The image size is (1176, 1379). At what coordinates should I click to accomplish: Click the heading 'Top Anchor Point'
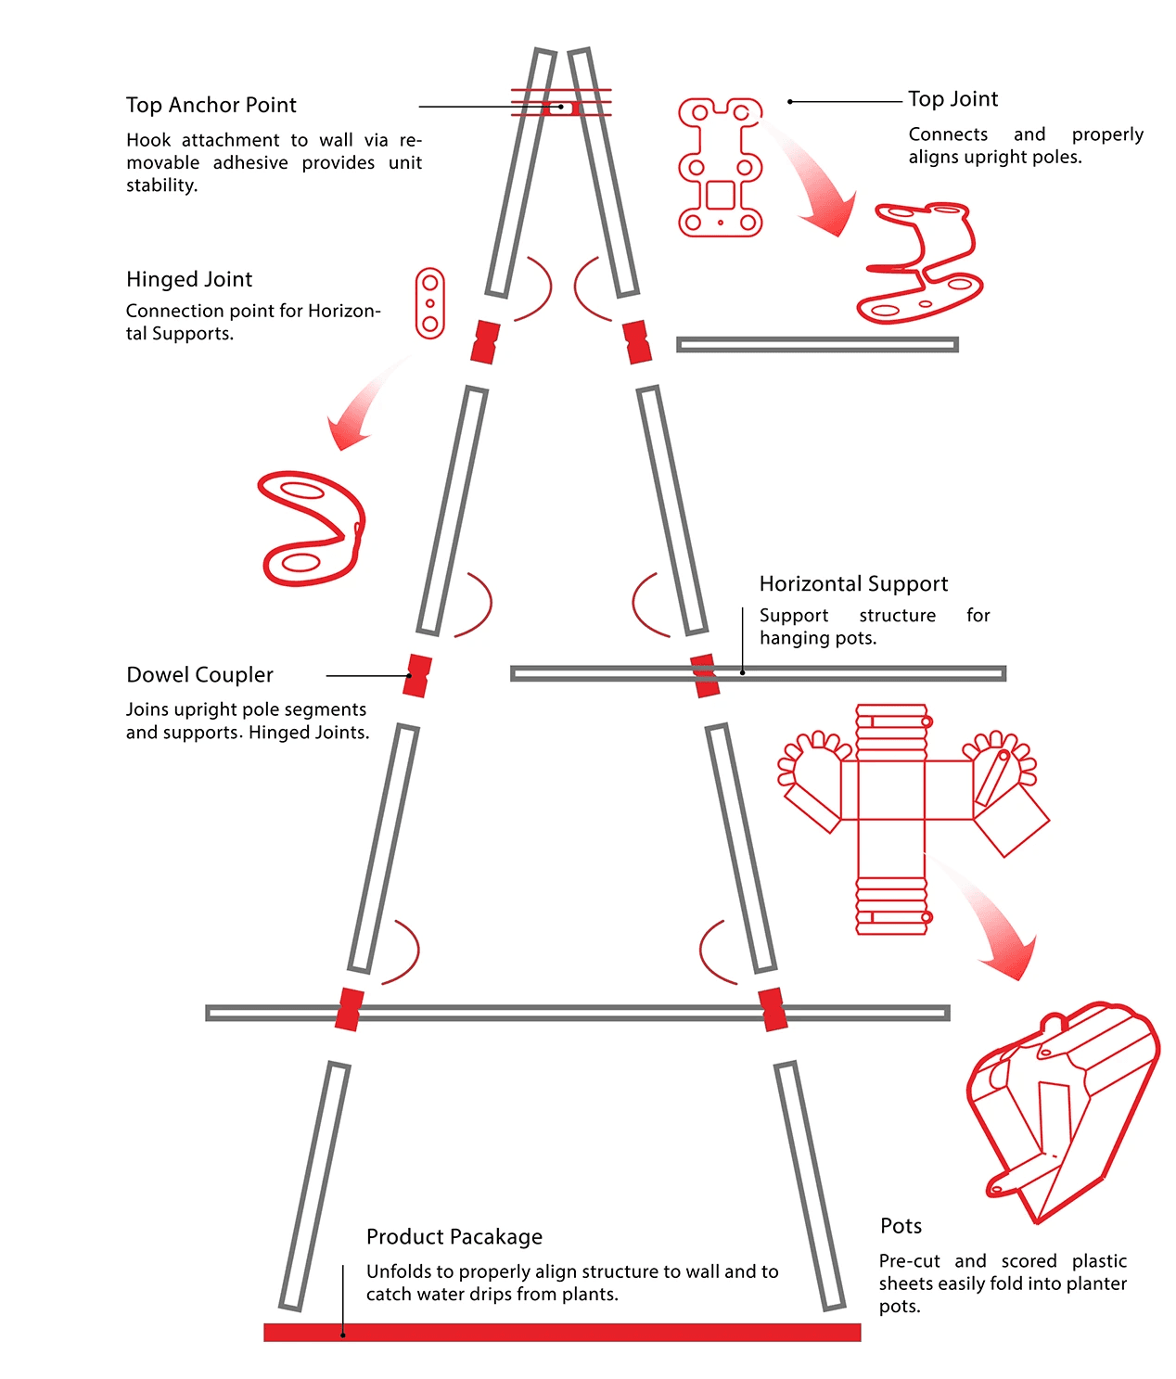(211, 105)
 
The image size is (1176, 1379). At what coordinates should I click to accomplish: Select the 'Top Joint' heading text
(952, 99)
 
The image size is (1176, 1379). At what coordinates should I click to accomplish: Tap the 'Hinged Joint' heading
(189, 279)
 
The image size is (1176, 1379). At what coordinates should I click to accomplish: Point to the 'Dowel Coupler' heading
(199, 675)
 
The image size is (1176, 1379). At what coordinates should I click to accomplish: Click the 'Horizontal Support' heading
(853, 584)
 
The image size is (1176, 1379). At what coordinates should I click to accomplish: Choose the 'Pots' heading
(901, 1226)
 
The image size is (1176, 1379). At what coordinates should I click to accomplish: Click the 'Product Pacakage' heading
(454, 1237)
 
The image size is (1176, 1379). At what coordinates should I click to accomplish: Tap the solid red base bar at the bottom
(562, 1333)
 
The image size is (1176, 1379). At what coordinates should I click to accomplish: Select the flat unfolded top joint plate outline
(721, 167)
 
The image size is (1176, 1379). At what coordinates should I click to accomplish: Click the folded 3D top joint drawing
(920, 264)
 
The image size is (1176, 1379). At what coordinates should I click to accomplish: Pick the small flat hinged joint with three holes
(429, 303)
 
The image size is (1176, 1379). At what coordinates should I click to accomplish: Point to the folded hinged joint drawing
(312, 530)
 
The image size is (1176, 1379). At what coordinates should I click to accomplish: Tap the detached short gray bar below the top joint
(817, 345)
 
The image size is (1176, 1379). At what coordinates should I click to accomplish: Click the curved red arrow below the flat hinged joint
(362, 408)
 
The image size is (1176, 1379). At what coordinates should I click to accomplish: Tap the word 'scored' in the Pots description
(1029, 1261)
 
